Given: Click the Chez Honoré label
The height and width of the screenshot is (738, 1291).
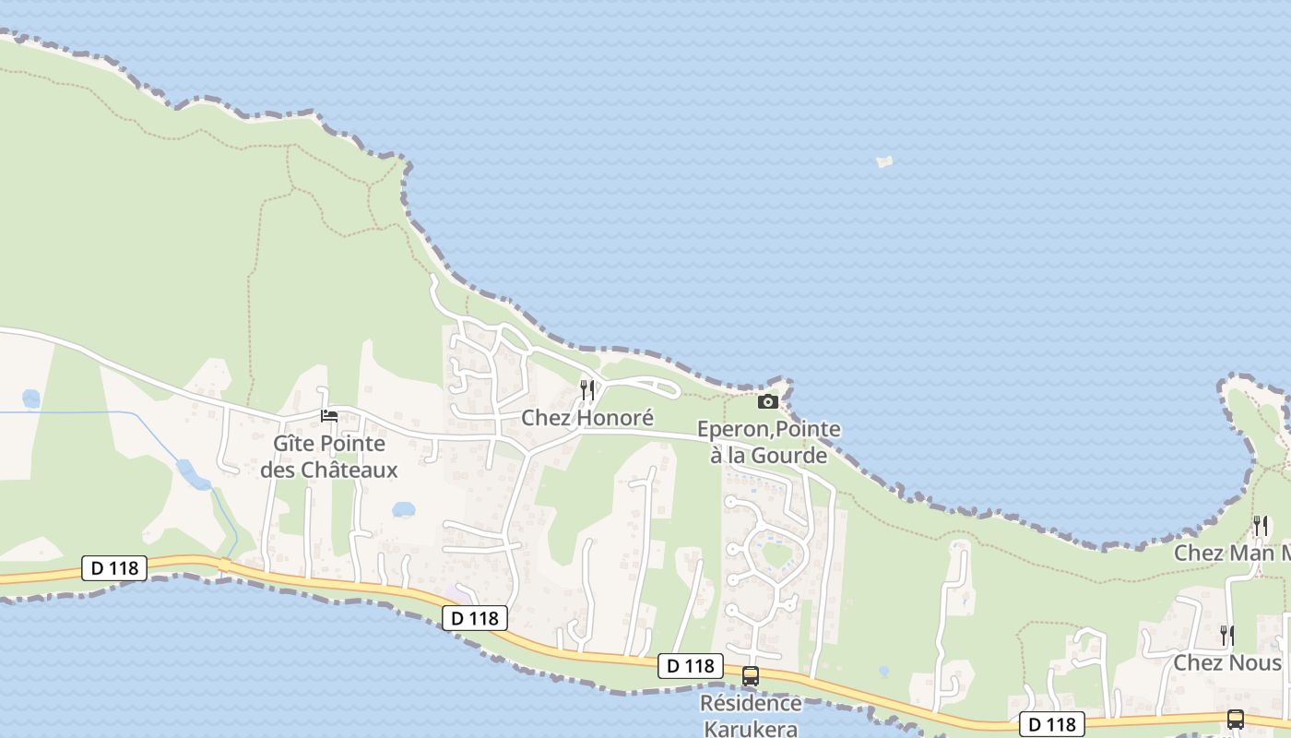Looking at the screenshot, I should click(587, 418).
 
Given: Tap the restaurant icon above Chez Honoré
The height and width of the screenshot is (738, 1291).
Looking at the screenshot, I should click(587, 390).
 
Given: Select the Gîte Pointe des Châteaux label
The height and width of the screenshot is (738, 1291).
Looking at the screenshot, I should click(329, 457).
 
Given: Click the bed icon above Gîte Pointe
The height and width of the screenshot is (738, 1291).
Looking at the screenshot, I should click(329, 416).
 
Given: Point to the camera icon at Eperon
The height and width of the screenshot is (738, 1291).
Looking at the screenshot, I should click(768, 401).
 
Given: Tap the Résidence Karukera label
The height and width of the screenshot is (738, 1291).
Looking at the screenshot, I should click(751, 715).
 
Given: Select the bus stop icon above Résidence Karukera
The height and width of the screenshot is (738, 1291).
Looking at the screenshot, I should click(751, 676).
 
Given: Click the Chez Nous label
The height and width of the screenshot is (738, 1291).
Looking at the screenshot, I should click(1226, 663).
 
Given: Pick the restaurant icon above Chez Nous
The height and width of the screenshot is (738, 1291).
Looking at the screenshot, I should click(1227, 635).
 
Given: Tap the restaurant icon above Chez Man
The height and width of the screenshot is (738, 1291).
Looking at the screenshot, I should click(1260, 526).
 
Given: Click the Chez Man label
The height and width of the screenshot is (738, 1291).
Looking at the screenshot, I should click(1231, 553).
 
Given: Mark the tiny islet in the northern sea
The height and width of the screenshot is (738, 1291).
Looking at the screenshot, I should click(884, 162).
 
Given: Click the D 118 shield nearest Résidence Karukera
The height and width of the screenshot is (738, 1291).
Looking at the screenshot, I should click(690, 666).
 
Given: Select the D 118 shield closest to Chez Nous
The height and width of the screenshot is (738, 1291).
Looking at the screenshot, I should click(1052, 725).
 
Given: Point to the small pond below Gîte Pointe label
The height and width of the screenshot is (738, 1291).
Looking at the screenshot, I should click(403, 509).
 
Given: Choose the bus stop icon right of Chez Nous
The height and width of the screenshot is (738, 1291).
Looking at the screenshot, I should click(1236, 720).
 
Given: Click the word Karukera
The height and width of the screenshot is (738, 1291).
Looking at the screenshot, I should click(751, 728).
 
